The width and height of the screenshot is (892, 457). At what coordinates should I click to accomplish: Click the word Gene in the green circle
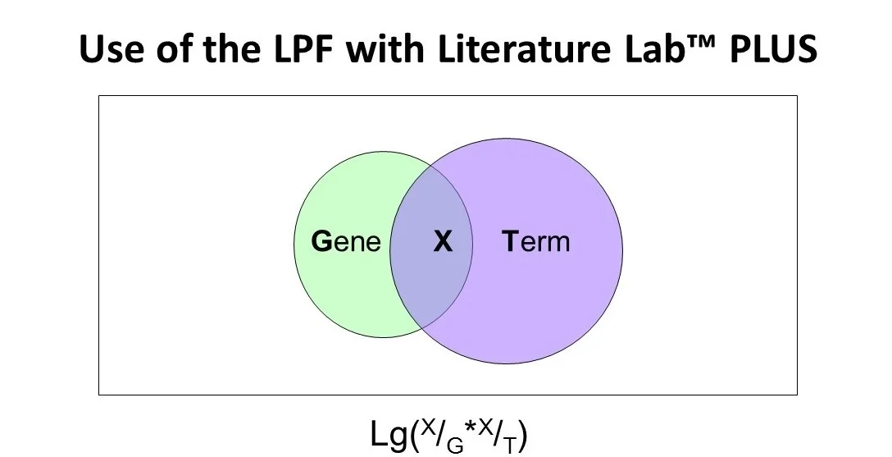347,242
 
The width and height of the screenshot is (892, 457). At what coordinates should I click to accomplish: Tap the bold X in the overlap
443,242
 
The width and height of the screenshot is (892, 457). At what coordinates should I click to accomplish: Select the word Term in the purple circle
535,242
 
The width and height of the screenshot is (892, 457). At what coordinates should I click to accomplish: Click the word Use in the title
107,51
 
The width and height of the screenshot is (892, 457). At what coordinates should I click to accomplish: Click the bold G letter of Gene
321,242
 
